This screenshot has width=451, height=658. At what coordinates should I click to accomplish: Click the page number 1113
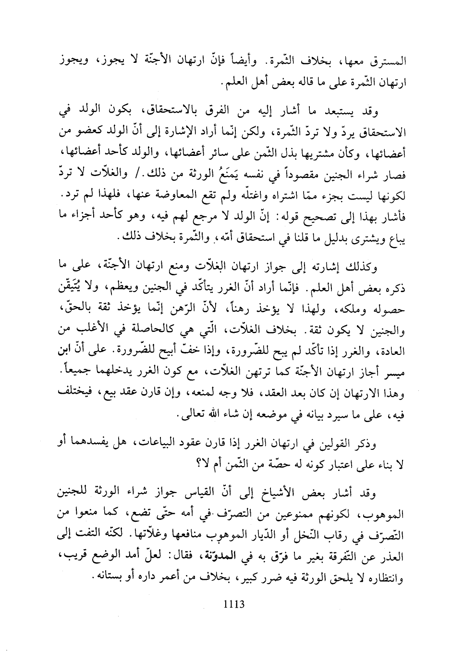coord(235,604)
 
